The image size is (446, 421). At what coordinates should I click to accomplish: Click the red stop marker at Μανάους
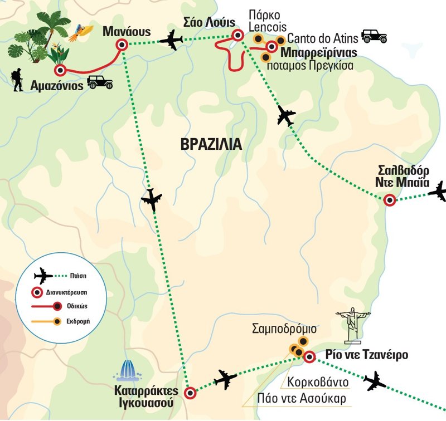click(x=123, y=45)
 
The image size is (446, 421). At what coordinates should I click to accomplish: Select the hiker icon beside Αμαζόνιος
click(x=17, y=80)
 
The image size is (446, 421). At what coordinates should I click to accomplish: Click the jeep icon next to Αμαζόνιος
click(x=100, y=82)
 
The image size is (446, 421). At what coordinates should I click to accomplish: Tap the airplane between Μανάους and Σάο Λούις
click(x=171, y=40)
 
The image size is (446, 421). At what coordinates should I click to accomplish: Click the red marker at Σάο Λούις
click(x=238, y=36)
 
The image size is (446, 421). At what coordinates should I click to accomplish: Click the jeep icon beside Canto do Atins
click(x=374, y=36)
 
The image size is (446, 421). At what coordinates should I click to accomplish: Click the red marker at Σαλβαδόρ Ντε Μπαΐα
click(x=389, y=200)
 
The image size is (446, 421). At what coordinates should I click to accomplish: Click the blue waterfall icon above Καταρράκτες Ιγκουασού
click(x=129, y=370)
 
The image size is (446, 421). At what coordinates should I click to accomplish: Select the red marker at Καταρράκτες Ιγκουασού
click(x=191, y=393)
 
